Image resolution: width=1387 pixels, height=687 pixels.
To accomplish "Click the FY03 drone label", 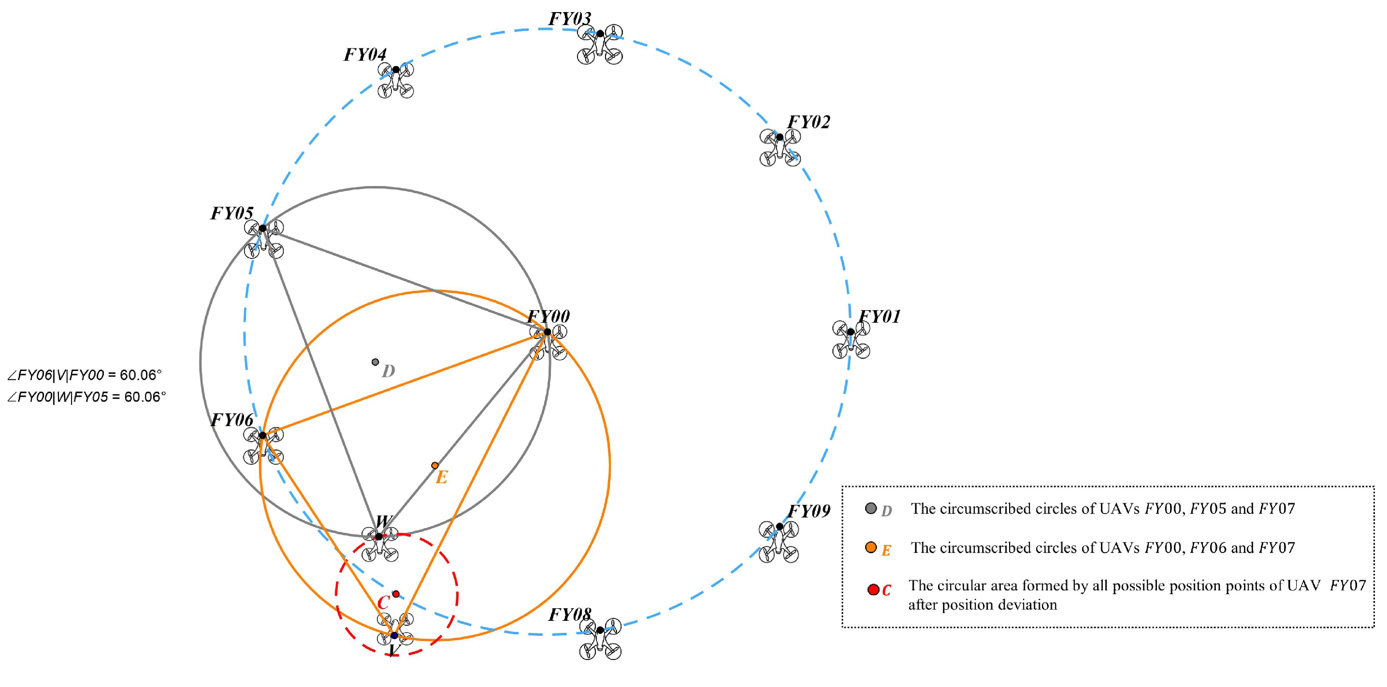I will coord(570,19).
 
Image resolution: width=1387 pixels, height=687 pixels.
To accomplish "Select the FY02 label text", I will coord(809,122).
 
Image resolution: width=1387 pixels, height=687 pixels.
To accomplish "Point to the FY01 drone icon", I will coord(851,340).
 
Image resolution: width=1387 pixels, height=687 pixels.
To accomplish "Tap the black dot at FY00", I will coord(547,331).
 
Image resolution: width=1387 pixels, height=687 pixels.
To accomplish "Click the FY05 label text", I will coord(231,214).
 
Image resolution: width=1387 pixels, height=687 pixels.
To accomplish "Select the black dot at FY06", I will coord(262,435).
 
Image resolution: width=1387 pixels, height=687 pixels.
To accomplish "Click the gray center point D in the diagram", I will coord(376,362).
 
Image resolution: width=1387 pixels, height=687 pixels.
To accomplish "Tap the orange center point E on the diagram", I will coord(434,465).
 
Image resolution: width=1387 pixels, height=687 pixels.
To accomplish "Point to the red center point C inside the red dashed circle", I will coord(396,593).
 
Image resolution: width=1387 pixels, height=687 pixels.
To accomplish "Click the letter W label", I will coord(383,521).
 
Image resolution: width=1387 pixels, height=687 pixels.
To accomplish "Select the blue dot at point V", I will coord(394,635).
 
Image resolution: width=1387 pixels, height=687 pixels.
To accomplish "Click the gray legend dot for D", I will coord(871,508).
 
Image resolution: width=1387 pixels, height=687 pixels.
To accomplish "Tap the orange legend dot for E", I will coord(871,547).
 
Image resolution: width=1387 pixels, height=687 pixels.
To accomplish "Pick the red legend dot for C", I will coord(873,589).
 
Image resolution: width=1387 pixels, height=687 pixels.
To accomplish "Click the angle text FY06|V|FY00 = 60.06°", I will coord(85,375).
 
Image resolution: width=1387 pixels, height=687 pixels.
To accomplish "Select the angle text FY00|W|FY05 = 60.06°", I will coord(87,397).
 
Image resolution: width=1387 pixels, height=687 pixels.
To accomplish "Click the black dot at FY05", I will coord(262,229).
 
